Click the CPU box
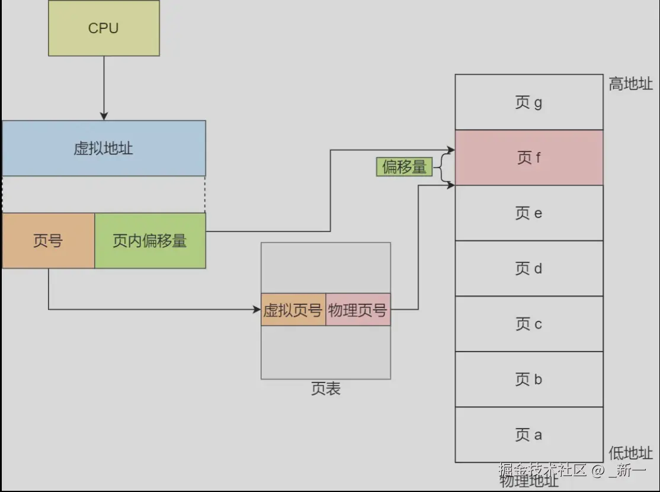(x=104, y=28)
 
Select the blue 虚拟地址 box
(x=104, y=148)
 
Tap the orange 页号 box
(x=48, y=241)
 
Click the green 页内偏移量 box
(x=150, y=241)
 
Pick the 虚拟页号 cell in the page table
(x=293, y=310)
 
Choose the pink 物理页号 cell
(x=358, y=310)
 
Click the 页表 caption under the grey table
(x=325, y=389)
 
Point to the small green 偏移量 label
(x=403, y=168)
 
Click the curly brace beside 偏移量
(x=443, y=168)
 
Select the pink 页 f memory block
(x=528, y=158)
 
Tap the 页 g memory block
(x=528, y=102)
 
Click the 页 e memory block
(x=528, y=213)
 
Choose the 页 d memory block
(x=528, y=269)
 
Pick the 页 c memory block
(x=528, y=324)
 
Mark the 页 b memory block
(x=528, y=380)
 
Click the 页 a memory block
(x=528, y=435)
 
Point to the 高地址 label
(x=630, y=84)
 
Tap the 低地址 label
(x=630, y=453)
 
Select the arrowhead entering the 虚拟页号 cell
(x=257, y=309)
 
